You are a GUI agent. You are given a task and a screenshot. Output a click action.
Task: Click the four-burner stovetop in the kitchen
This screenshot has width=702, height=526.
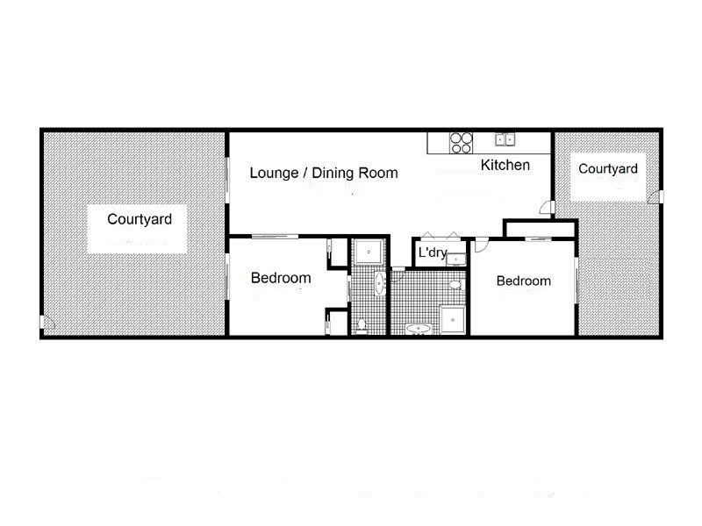point(462,143)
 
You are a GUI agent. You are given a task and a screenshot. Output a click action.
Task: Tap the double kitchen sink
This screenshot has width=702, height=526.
point(505,139)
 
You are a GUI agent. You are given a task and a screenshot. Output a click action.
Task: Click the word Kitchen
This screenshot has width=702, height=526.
point(505,165)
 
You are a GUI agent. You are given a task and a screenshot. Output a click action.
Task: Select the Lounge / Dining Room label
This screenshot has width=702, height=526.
point(324,173)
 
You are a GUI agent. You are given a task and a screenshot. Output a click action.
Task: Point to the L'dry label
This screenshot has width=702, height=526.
point(433,252)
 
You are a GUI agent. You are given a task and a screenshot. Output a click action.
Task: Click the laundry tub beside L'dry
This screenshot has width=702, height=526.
point(455,259)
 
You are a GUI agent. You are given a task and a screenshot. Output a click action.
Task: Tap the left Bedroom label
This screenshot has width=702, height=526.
point(281,278)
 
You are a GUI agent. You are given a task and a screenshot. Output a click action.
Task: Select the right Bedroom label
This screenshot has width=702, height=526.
point(523,281)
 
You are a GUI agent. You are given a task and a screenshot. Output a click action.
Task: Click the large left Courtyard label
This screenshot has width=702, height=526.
point(140,219)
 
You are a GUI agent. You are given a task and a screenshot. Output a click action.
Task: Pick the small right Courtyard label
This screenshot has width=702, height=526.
point(607,168)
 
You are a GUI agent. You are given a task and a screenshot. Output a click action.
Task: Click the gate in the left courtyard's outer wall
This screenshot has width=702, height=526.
point(47,322)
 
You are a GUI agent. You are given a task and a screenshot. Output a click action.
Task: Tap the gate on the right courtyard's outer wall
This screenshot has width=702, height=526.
point(656,196)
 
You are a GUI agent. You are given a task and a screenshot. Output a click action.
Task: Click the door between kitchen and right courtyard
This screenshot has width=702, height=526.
point(547,207)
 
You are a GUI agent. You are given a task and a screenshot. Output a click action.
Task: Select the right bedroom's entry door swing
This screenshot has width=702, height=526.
point(481,245)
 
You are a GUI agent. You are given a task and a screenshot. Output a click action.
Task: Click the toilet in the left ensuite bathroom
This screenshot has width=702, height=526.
point(362,325)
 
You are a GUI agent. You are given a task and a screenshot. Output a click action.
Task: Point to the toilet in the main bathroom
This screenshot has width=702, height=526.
point(455,284)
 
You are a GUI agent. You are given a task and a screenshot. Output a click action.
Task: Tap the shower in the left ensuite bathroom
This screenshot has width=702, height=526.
point(369,252)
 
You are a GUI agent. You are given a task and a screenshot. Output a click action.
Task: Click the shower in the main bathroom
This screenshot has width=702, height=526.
point(453,320)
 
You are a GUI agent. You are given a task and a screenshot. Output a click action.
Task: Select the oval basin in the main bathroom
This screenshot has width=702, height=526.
point(419,329)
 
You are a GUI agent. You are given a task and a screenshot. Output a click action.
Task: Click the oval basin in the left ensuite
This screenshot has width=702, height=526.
point(379,283)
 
